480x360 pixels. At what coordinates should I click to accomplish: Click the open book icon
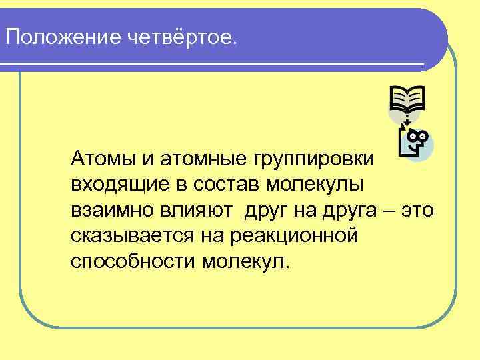pos(407,100)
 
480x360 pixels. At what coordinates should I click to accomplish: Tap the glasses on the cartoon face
pos(418,137)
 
